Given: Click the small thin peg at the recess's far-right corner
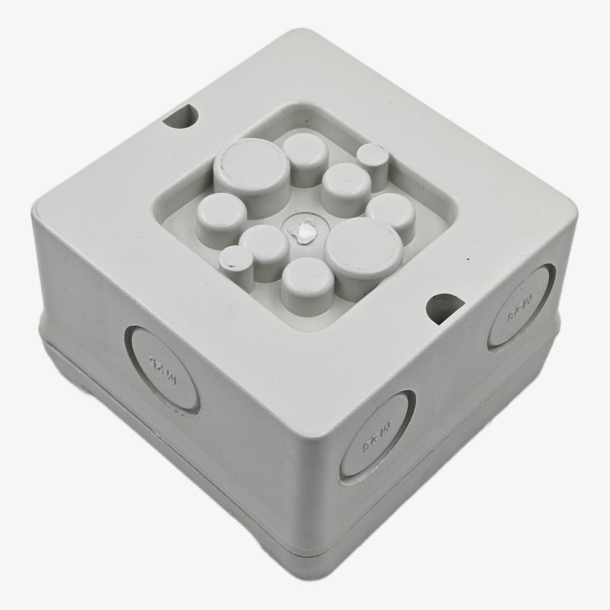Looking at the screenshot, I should coord(373,158).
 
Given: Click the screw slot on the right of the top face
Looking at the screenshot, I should coord(445,306).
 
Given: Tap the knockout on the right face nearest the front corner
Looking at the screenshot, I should coord(377,434).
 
